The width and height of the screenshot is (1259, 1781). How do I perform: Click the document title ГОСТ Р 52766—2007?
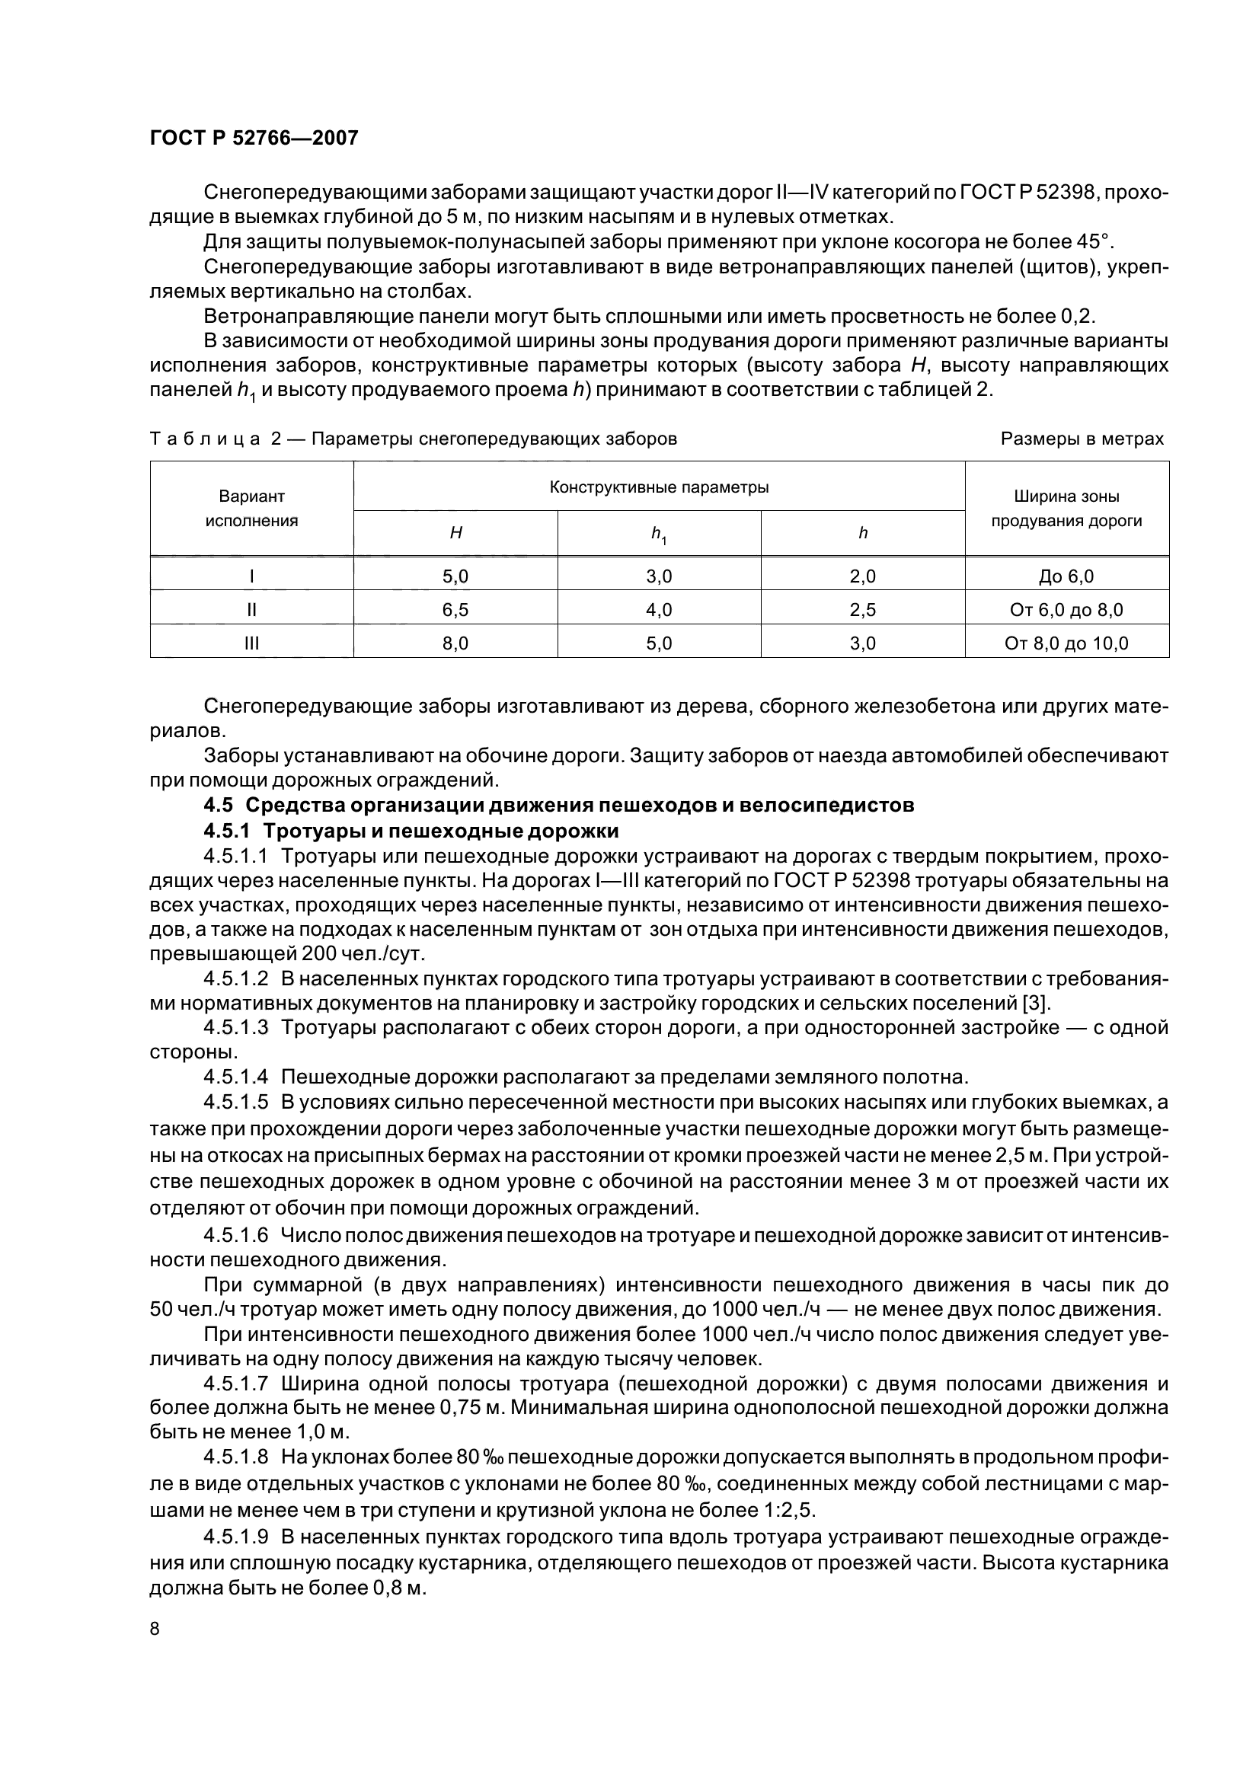point(254,138)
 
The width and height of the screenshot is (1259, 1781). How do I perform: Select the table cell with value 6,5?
point(455,610)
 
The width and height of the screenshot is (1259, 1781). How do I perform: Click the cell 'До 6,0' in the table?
point(1066,576)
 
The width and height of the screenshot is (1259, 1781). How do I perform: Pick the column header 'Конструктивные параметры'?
point(659,487)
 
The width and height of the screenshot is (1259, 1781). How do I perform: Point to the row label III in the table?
point(251,643)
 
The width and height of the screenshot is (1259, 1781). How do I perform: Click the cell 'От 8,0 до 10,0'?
point(1066,643)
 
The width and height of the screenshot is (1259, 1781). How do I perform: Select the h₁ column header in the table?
point(659,534)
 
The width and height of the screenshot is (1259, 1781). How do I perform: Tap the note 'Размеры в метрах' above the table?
point(1082,439)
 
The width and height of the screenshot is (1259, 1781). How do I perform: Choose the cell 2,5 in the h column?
point(863,610)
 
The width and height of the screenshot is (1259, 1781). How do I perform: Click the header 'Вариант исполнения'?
point(251,508)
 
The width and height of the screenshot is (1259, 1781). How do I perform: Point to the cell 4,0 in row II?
point(659,610)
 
